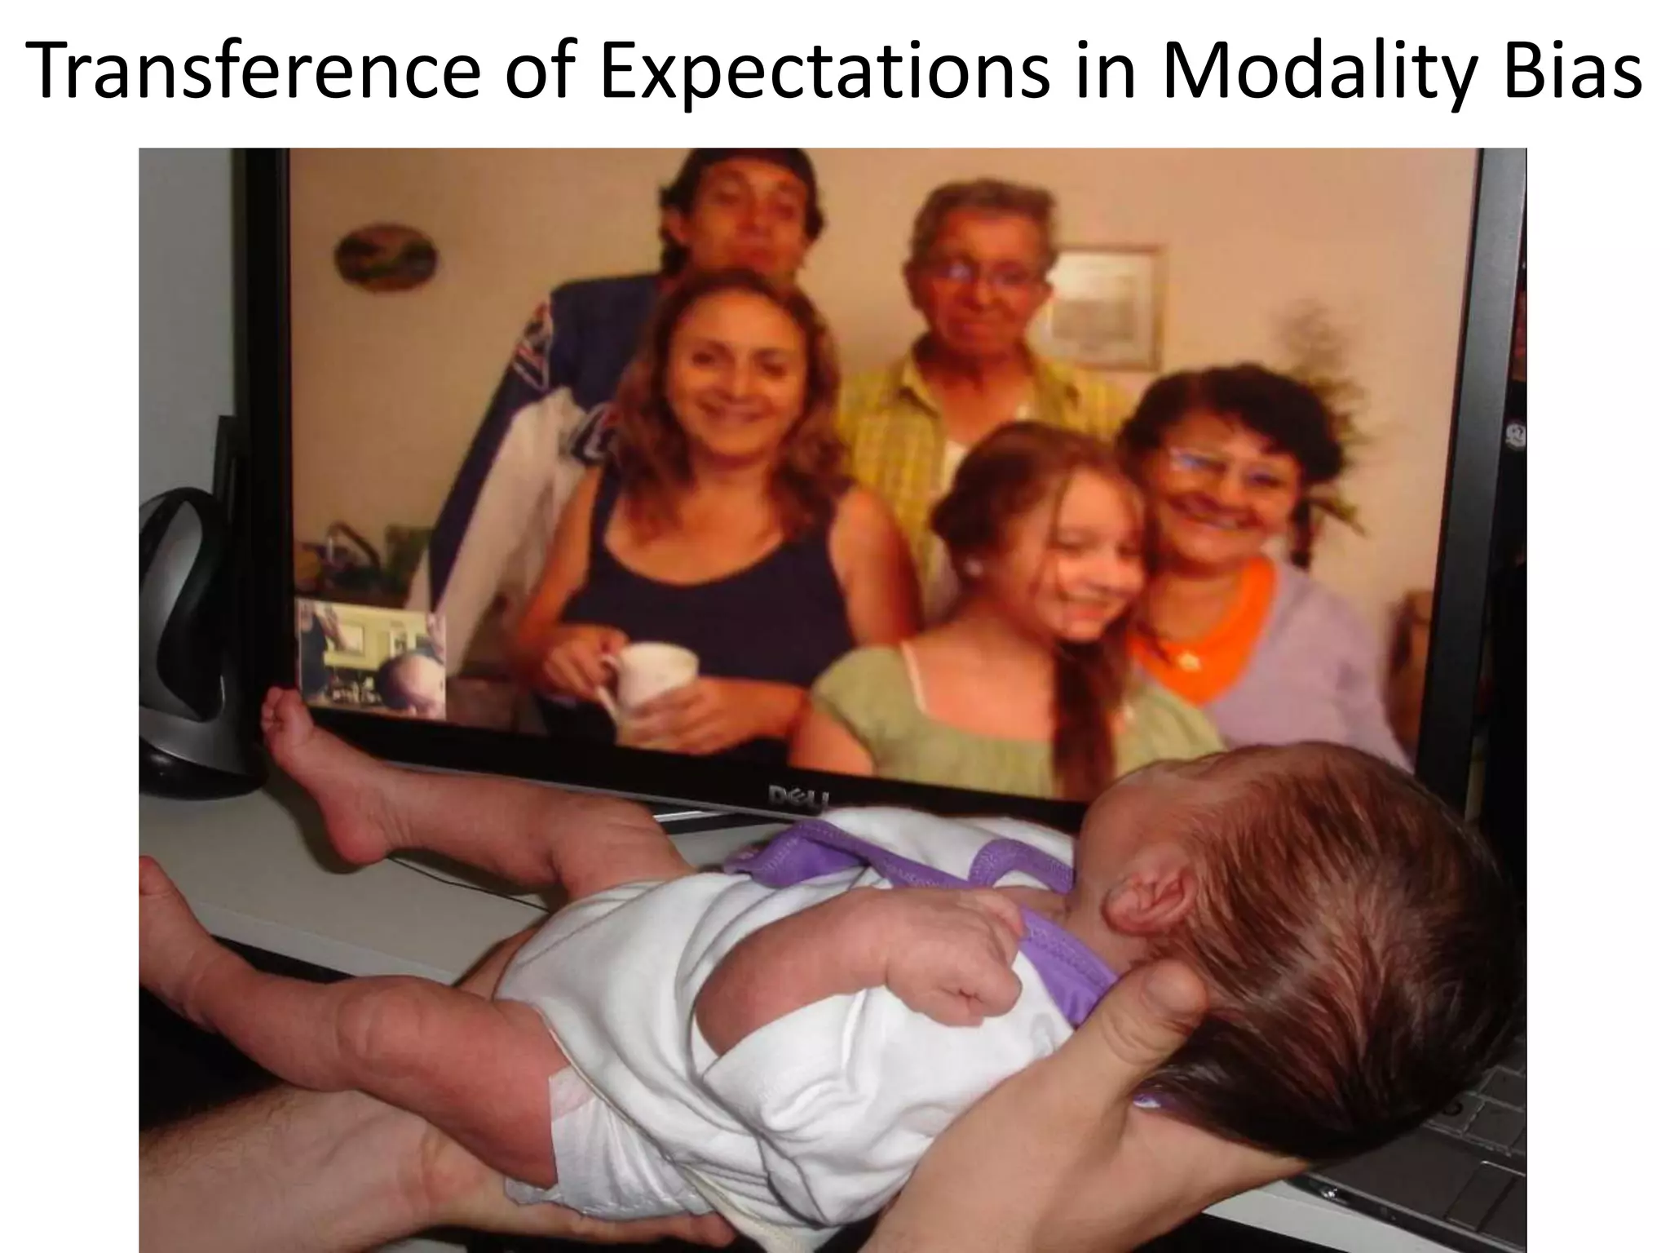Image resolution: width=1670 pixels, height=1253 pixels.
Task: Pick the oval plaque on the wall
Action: tap(384, 258)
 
